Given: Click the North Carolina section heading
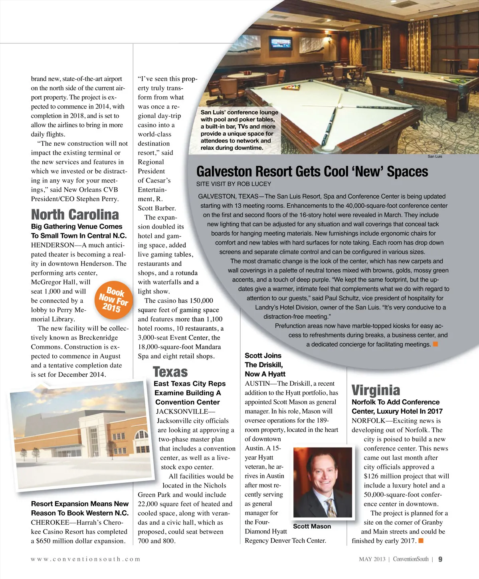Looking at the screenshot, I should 75,214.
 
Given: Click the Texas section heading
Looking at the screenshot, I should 170,372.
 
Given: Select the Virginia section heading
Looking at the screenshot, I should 376,390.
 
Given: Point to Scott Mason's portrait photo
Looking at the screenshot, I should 323,482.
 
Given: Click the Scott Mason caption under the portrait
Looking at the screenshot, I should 312,526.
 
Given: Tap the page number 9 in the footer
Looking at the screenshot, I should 440,559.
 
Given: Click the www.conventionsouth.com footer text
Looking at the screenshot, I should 85,559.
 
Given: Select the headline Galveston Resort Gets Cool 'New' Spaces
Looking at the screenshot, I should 312,172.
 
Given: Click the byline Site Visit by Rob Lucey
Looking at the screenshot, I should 234,184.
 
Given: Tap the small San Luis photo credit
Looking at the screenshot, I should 435,157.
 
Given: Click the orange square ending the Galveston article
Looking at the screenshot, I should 435,344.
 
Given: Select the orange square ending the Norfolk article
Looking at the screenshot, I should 421,541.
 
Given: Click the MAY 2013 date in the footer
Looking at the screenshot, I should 372,559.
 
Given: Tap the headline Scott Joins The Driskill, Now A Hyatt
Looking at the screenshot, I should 265,365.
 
